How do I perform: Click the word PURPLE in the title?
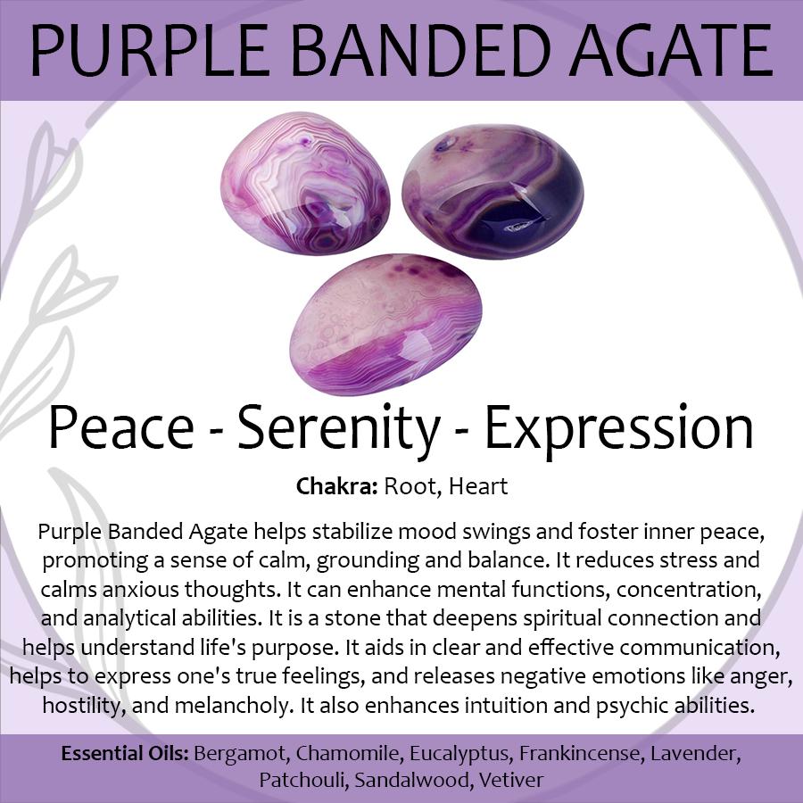click(148, 50)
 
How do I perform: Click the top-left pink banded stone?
click(305, 183)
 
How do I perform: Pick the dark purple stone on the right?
click(493, 192)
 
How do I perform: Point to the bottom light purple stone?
click(386, 325)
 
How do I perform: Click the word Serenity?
click(338, 429)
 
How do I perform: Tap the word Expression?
click(618, 429)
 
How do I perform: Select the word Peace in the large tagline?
click(120, 427)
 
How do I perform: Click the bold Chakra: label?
click(337, 486)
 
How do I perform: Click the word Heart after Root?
click(478, 486)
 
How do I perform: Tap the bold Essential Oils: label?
click(126, 753)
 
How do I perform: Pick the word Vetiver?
click(511, 780)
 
